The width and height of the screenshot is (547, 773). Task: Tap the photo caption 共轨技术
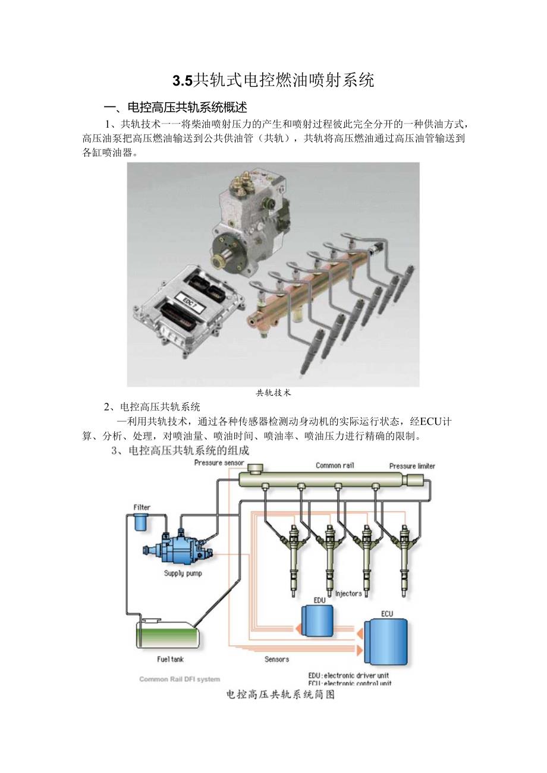pyautogui.click(x=273, y=393)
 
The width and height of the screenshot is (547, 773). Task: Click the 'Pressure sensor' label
pyautogui.click(x=219, y=463)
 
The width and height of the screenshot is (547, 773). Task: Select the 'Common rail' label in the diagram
pyautogui.click(x=335, y=466)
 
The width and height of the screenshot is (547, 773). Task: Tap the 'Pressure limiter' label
pyautogui.click(x=412, y=466)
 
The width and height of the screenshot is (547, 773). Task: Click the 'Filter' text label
pyautogui.click(x=142, y=507)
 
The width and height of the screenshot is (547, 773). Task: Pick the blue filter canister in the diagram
pyautogui.click(x=141, y=523)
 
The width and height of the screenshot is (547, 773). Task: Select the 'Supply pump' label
pyautogui.click(x=183, y=573)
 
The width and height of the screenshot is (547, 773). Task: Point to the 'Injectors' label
pyautogui.click(x=348, y=594)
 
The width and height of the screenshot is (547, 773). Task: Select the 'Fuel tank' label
pyautogui.click(x=170, y=660)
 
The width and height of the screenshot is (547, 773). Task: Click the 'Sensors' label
pyautogui.click(x=276, y=660)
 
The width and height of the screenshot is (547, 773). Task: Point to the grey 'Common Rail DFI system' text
pyautogui.click(x=180, y=679)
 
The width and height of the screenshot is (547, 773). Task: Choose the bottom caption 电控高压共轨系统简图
pyautogui.click(x=281, y=694)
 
